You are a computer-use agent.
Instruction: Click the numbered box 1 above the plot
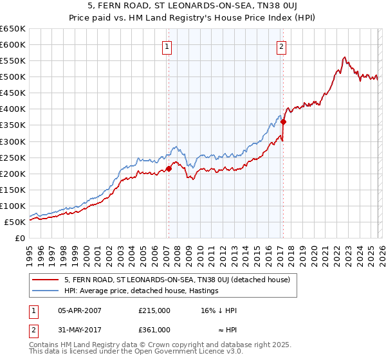[167, 46]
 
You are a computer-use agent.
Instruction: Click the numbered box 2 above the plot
[282, 46]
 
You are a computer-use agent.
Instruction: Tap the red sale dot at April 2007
[169, 169]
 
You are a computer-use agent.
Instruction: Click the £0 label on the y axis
[19, 238]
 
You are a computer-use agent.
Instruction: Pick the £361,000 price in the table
[154, 329]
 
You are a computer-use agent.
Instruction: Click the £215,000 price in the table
[154, 310]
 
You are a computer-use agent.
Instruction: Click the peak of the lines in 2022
[345, 57]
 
